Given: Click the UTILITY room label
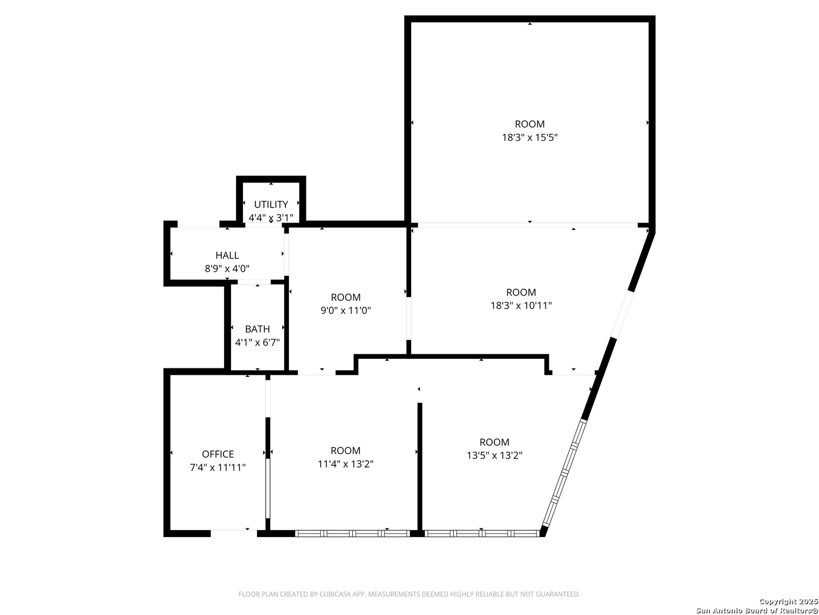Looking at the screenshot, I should (x=271, y=204).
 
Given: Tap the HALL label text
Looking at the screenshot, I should (x=227, y=255).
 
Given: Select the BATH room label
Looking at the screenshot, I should (x=257, y=329).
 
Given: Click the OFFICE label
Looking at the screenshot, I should (x=218, y=454).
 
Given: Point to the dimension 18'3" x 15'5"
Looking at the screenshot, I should (x=530, y=137).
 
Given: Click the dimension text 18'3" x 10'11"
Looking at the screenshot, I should (x=521, y=306).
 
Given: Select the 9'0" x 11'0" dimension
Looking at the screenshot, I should (x=346, y=310).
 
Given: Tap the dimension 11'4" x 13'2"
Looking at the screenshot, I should (x=345, y=464).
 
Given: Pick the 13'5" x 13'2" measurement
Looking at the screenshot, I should (x=494, y=456).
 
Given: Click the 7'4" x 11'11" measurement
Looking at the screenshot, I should (x=218, y=468).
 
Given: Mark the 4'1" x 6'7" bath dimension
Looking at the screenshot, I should (x=257, y=342).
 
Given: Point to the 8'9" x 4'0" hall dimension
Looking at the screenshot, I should (x=227, y=269).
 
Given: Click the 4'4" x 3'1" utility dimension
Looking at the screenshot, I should (x=271, y=218).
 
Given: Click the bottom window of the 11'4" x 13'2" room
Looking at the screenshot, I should (x=352, y=534).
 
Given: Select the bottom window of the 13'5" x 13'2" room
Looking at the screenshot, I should (x=482, y=534).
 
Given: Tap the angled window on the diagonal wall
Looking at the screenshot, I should (x=563, y=473).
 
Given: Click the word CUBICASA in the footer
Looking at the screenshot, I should (x=322, y=594).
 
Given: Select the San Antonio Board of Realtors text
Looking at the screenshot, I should (x=756, y=610).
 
